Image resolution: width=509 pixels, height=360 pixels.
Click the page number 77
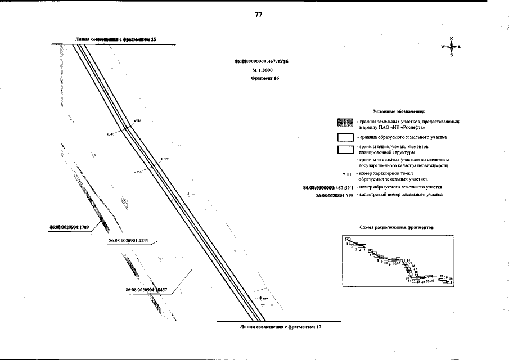(259, 15)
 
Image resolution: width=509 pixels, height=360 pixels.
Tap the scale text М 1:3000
(262, 70)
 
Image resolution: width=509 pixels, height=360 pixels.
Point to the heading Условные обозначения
(399, 112)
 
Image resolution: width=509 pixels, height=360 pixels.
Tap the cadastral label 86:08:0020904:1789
(71, 227)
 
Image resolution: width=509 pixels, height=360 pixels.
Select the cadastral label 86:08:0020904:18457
(148, 289)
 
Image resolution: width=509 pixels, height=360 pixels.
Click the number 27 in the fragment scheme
(442, 277)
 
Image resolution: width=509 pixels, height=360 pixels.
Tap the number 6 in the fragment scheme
(370, 255)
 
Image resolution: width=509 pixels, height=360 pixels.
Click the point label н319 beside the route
(165, 160)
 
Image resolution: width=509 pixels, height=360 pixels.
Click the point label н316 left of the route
(110, 134)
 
